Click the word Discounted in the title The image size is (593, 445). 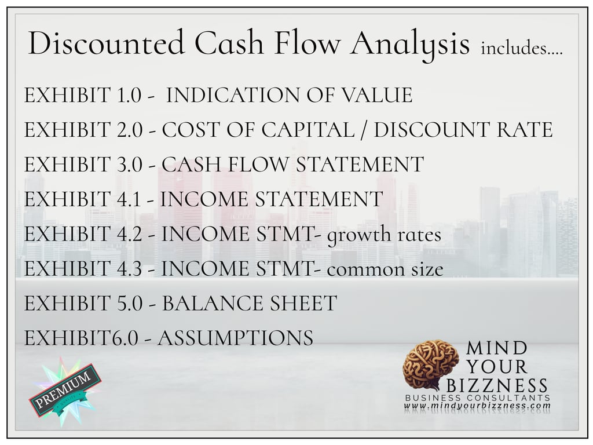[106, 43]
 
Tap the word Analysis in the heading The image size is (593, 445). [409, 45]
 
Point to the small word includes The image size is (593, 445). [521, 49]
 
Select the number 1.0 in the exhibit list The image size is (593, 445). [128, 96]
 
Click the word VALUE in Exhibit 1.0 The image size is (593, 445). [378, 96]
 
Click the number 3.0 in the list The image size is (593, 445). [129, 165]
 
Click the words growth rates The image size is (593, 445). [385, 235]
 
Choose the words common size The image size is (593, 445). [385, 269]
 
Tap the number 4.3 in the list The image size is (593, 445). [129, 269]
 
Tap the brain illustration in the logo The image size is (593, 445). [430, 364]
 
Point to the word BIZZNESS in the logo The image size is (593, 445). [497, 385]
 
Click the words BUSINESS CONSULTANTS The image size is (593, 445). [477, 398]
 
